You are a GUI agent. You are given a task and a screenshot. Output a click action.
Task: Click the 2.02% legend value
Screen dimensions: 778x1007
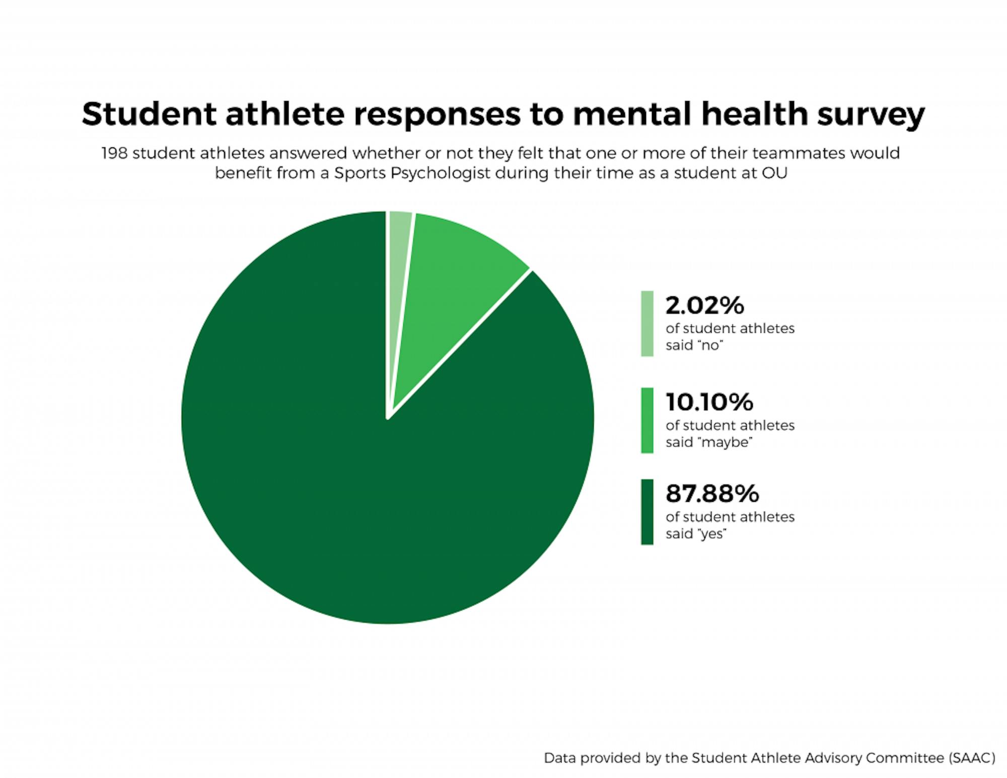(704, 305)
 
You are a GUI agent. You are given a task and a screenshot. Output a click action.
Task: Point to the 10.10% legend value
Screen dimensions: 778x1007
(709, 402)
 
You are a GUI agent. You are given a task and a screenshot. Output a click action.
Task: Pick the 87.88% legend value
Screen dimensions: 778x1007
(712, 494)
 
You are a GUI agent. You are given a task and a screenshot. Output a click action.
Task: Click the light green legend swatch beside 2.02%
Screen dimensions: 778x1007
(647, 324)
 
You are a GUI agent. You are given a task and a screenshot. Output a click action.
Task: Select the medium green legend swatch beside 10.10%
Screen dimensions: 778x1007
(647, 420)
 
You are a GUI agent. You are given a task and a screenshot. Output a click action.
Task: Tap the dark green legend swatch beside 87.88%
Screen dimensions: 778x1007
(647, 512)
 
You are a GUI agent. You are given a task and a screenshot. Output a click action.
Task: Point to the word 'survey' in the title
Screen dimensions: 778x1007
(871, 115)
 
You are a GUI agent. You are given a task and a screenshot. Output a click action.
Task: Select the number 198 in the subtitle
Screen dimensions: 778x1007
(114, 153)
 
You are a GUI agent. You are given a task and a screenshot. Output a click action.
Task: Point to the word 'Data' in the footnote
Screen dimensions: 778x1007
(560, 758)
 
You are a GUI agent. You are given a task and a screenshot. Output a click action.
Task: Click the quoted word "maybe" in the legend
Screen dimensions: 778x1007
(725, 442)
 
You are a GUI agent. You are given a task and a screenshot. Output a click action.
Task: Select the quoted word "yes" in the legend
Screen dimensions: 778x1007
(711, 534)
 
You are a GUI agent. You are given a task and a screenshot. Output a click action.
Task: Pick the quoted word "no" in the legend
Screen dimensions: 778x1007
(709, 346)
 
